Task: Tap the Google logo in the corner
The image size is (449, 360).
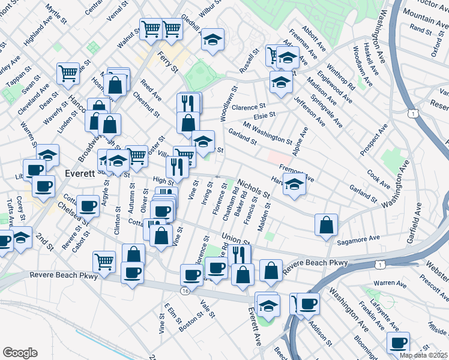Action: pos(19,353)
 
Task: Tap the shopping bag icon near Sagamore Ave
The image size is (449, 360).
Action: pos(326,225)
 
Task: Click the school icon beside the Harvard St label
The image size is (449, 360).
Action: pos(295,186)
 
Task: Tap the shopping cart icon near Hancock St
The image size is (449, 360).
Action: pos(68,73)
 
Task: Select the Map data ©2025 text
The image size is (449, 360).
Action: pos(424,355)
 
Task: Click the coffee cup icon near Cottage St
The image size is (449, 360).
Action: pos(89,206)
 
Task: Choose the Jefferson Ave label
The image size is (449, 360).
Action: pos(310,110)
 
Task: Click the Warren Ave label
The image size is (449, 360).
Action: pos(390,283)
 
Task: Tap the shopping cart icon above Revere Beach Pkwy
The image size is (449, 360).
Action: pos(104,261)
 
